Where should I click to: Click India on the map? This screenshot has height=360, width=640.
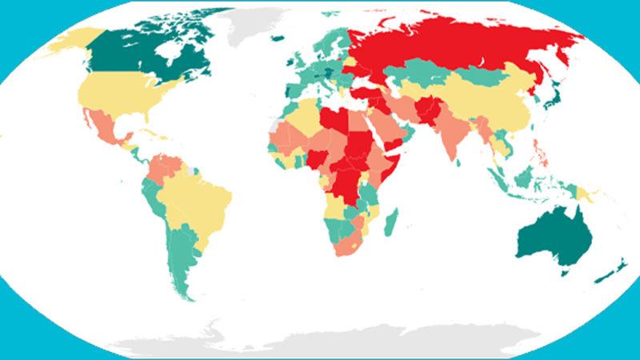coord(456,136)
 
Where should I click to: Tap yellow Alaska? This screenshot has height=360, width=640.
coord(68,40)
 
